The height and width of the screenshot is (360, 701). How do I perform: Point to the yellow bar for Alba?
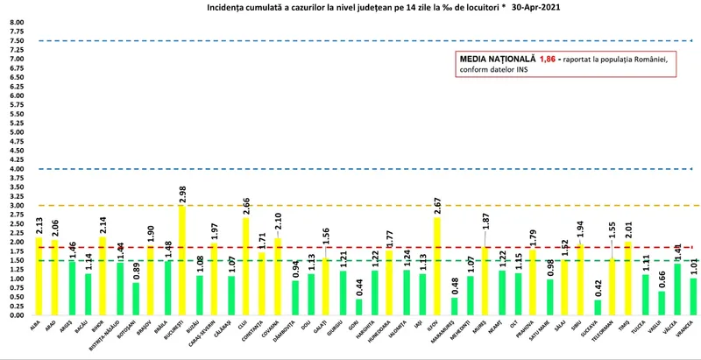39,276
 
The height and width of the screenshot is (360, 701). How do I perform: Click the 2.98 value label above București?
181,193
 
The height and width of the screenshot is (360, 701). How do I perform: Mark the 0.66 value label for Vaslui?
662,279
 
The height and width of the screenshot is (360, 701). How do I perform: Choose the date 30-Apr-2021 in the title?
526,6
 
